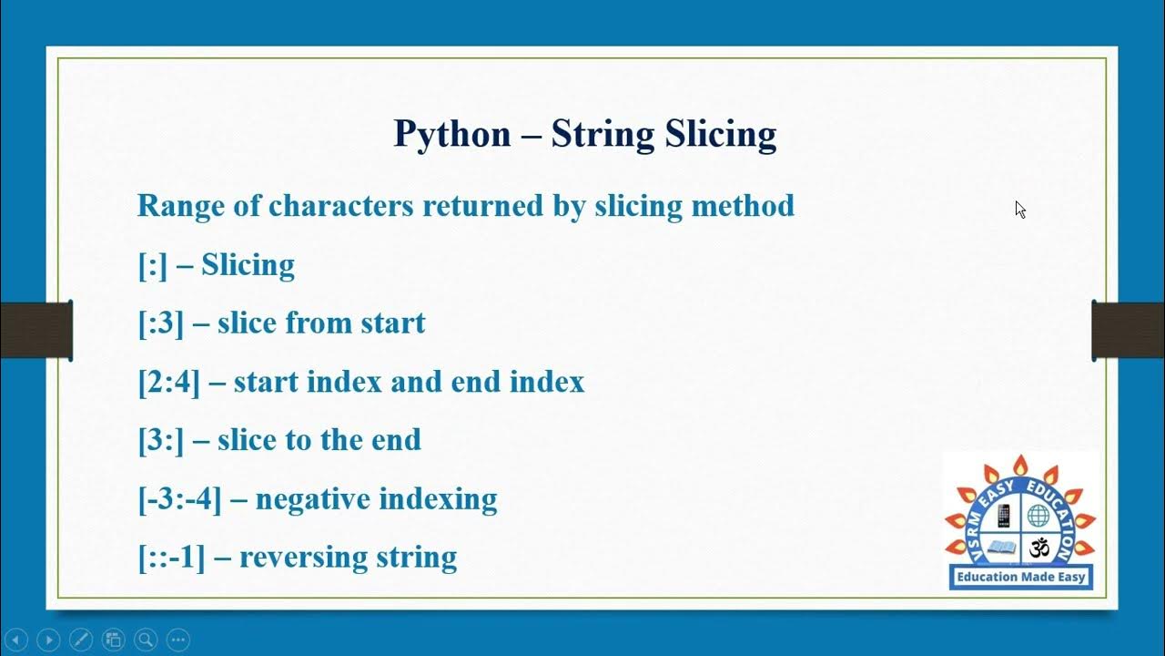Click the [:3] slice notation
tap(161, 323)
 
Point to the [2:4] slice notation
tap(168, 382)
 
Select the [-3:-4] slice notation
tap(179, 499)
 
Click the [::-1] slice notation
tap(171, 558)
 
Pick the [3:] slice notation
tap(161, 440)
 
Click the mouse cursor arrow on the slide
tap(1020, 210)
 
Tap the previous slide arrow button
tap(16, 640)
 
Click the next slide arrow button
tap(48, 640)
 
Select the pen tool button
tap(80, 640)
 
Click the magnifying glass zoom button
tap(145, 640)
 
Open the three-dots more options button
tap(177, 640)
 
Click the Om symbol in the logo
tap(1038, 548)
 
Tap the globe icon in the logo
tap(1038, 516)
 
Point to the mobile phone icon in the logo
tap(1004, 516)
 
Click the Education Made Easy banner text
tap(1020, 577)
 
